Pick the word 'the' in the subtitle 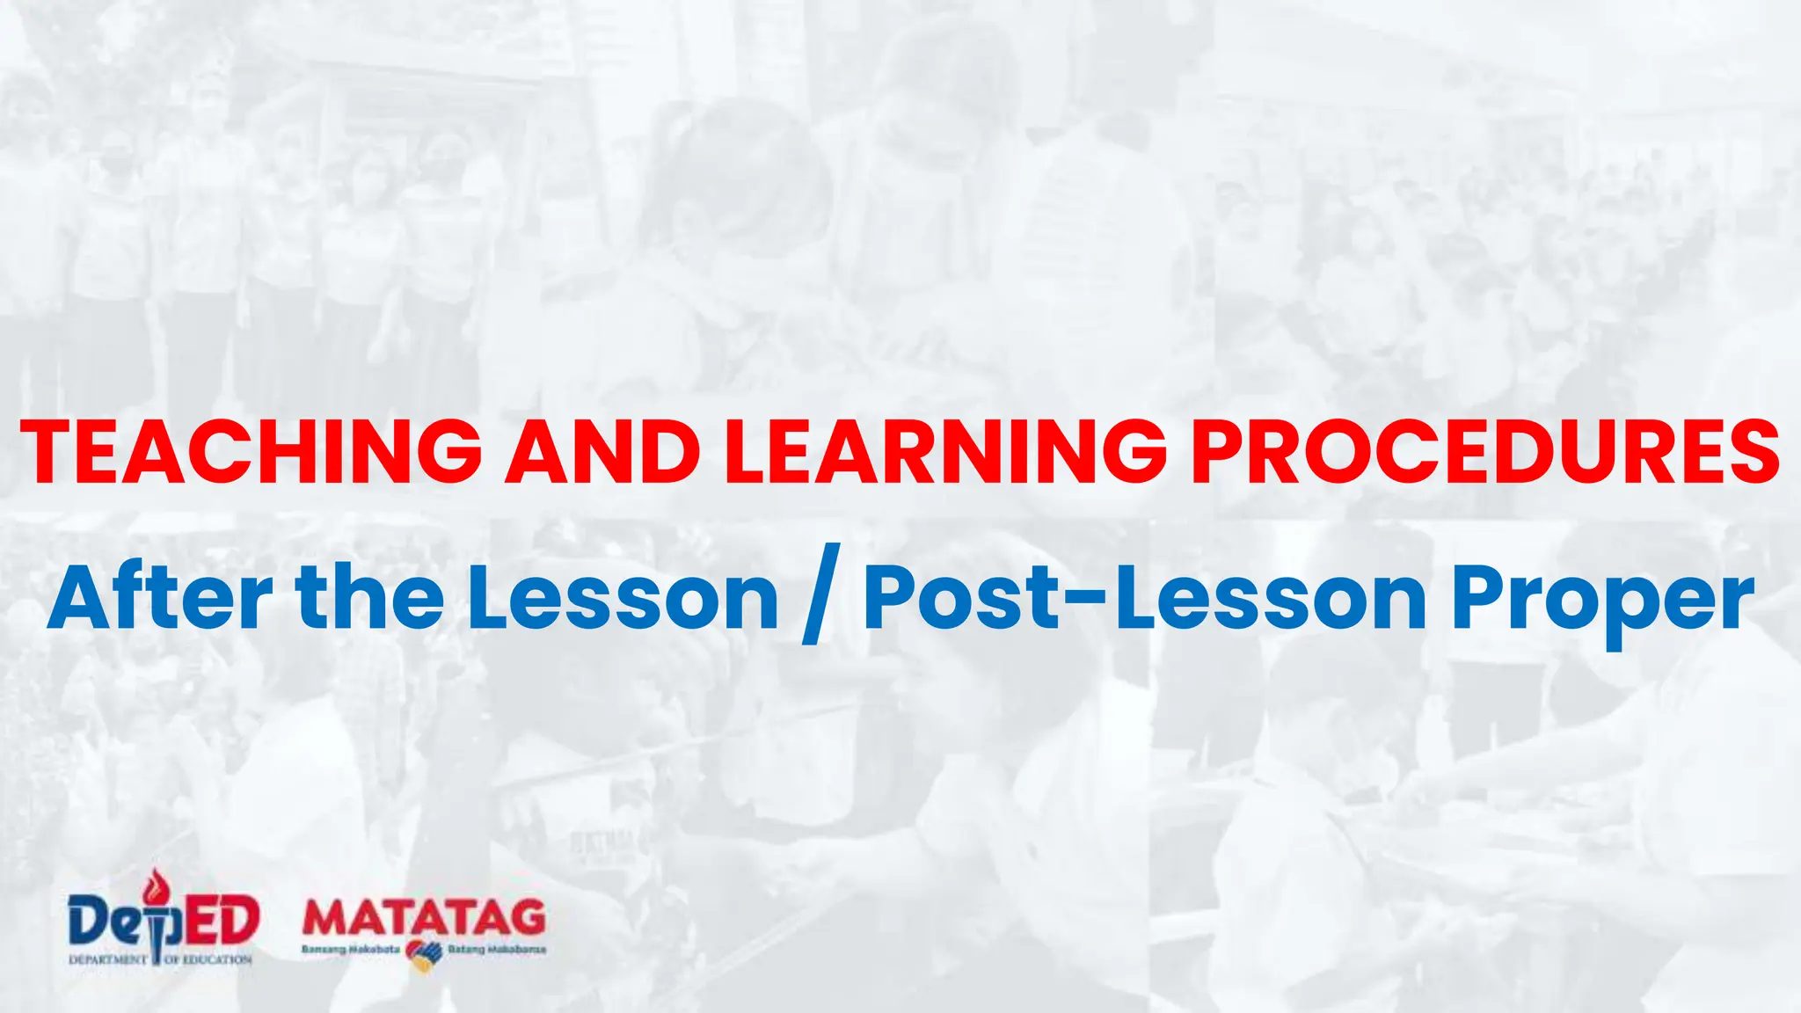click(370, 598)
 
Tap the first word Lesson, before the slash click(623, 598)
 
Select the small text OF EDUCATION click(208, 959)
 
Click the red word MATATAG click(424, 918)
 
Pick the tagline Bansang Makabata click(351, 951)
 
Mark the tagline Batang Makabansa click(497, 951)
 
